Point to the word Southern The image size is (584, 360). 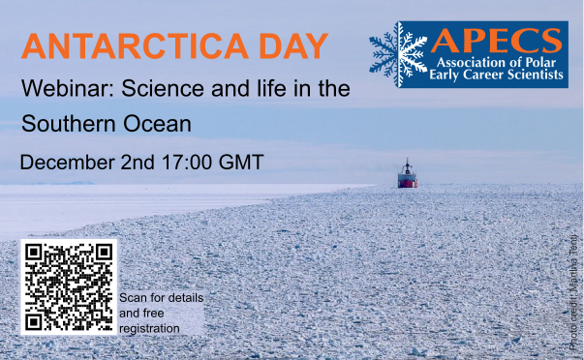67,125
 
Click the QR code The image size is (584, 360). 68,286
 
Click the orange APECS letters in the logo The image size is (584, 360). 496,42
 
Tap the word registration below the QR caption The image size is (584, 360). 149,329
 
